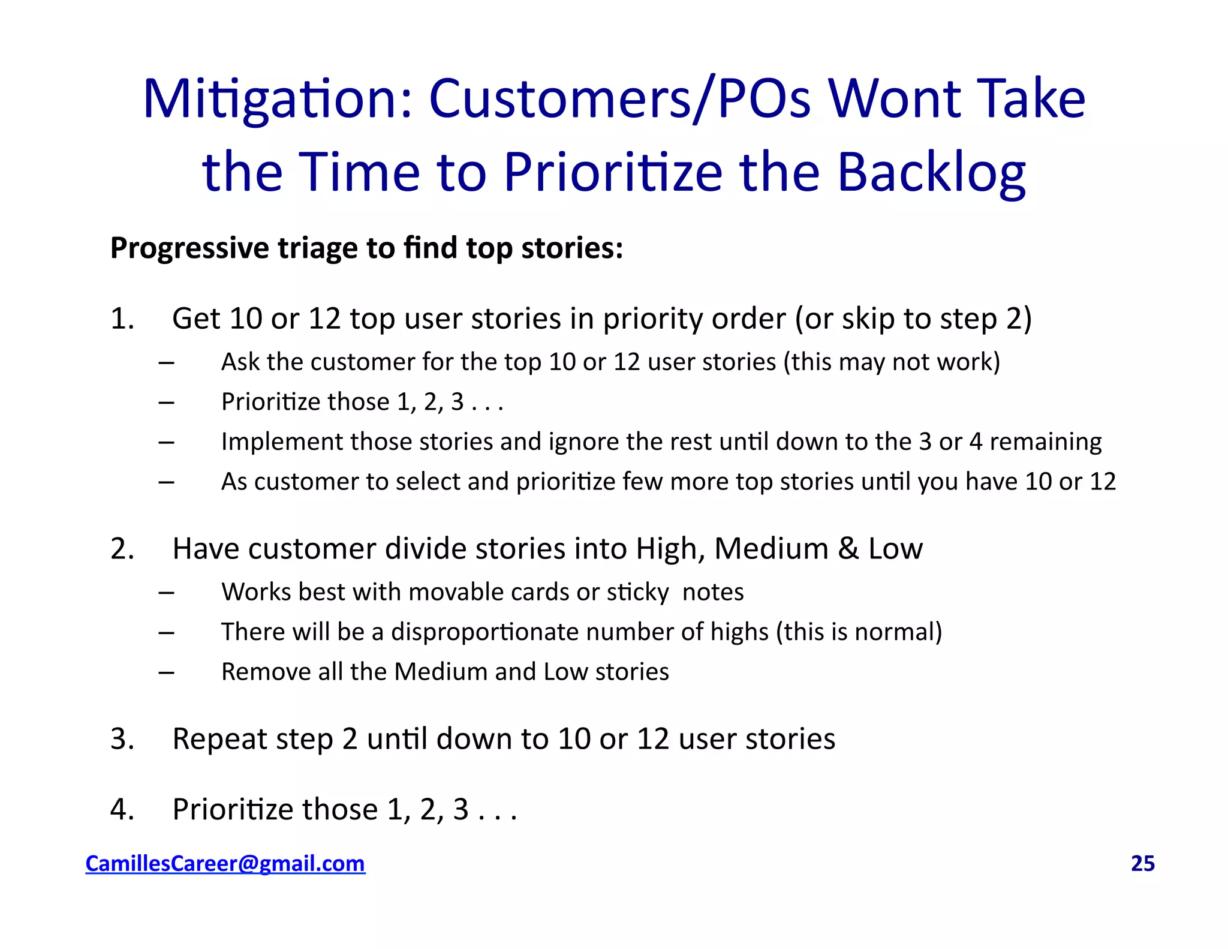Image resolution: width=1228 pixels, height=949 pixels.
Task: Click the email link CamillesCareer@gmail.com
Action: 225,863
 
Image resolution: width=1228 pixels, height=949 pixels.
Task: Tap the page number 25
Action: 1142,863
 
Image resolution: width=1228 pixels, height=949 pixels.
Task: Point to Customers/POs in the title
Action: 619,99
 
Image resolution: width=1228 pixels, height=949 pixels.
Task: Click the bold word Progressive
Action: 189,248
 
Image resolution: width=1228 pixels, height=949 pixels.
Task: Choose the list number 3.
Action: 121,738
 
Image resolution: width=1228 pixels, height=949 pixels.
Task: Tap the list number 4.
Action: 121,809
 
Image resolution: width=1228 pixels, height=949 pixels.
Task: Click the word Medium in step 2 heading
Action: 771,548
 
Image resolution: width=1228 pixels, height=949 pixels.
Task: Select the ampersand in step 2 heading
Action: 848,548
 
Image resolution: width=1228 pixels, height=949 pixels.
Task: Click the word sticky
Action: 637,593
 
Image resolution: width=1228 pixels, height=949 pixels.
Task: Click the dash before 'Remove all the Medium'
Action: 166,672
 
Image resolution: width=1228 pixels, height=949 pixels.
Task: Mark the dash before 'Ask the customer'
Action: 166,362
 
